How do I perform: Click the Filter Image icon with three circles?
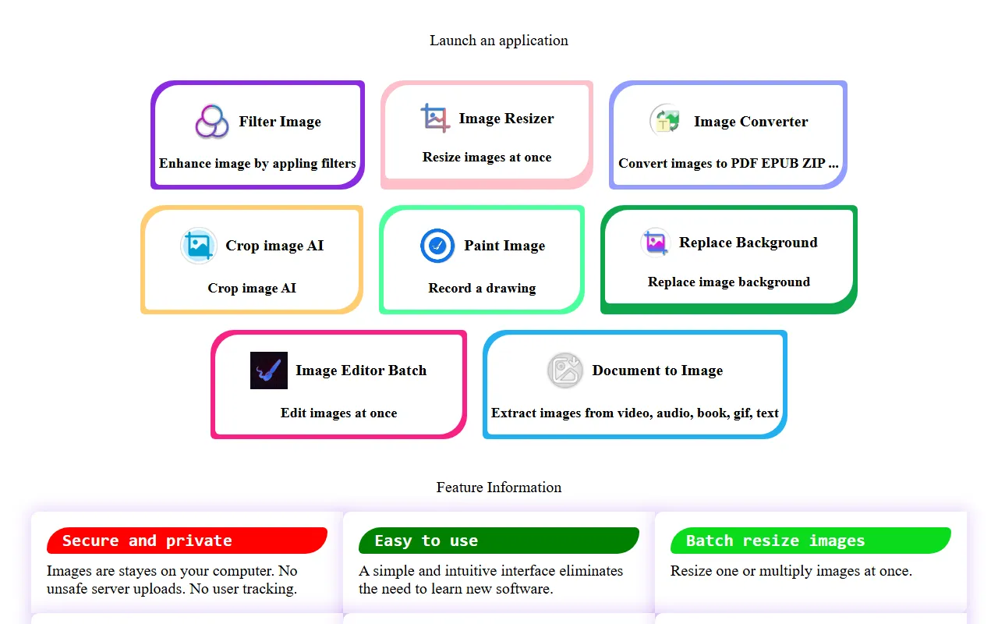[x=211, y=122]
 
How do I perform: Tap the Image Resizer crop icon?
[x=435, y=119]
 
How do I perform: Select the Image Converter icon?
[x=666, y=121]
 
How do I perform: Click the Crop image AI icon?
[x=198, y=246]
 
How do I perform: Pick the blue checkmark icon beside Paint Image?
[x=437, y=246]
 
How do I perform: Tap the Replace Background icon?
[x=655, y=243]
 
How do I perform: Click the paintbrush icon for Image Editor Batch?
[x=268, y=370]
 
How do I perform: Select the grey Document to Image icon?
[x=564, y=370]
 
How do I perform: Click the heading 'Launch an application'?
[x=499, y=41]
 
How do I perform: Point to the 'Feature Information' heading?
[x=499, y=487]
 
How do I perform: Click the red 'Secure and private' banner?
[x=186, y=541]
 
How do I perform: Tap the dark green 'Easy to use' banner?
[x=498, y=541]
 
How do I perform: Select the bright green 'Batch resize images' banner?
[x=810, y=541]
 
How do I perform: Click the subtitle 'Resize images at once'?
[x=487, y=158]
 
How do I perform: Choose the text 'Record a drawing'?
[x=482, y=289]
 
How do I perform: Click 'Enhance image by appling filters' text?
[x=257, y=164]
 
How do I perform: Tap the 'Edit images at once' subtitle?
[x=338, y=413]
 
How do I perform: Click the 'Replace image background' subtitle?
[x=728, y=282]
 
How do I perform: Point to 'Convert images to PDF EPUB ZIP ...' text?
[x=728, y=164]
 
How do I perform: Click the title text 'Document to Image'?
[x=657, y=370]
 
